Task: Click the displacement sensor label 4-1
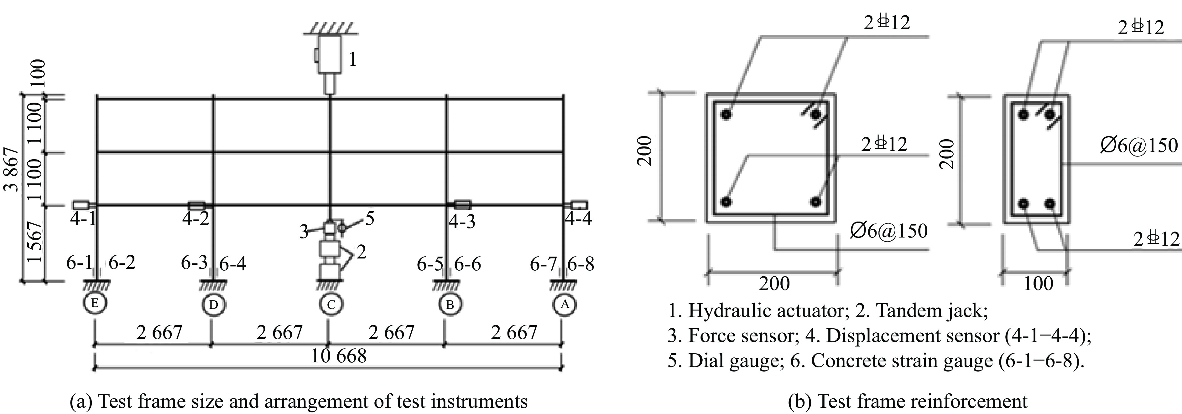pos(83,219)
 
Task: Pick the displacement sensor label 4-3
pos(461,222)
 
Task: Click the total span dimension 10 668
pos(339,356)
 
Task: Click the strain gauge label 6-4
pos(233,264)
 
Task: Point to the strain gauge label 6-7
pos(543,264)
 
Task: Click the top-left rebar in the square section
pos(726,114)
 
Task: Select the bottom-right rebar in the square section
pos(815,202)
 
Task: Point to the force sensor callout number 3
pos(304,232)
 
